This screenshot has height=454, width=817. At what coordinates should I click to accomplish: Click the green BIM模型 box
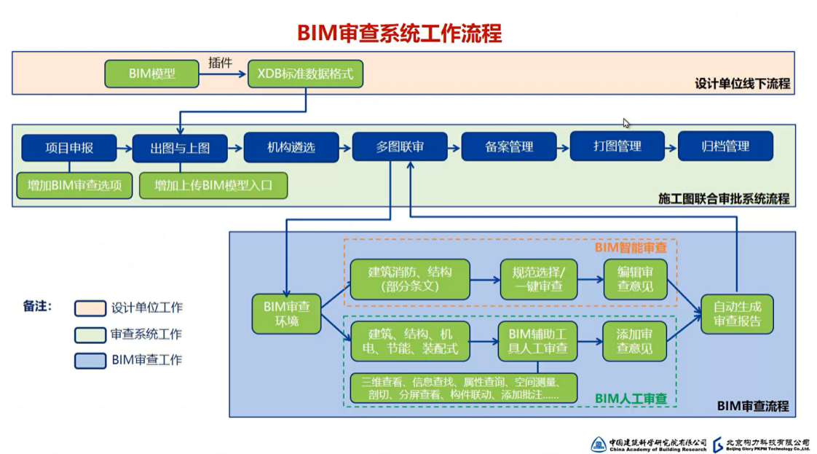pyautogui.click(x=151, y=74)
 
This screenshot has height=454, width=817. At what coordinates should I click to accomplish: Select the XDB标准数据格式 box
pyautogui.click(x=305, y=74)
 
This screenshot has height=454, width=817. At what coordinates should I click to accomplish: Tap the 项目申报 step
pyautogui.click(x=68, y=147)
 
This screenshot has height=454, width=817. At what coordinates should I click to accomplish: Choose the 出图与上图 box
pyautogui.click(x=179, y=147)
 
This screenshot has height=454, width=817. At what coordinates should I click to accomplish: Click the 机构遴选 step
pyautogui.click(x=290, y=147)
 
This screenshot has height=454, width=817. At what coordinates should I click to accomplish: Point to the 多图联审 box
pyautogui.click(x=400, y=147)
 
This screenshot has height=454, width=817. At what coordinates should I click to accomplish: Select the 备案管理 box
pyautogui.click(x=509, y=147)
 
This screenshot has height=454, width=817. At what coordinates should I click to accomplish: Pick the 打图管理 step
pyautogui.click(x=617, y=147)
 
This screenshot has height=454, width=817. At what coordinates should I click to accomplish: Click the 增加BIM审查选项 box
pyautogui.click(x=74, y=185)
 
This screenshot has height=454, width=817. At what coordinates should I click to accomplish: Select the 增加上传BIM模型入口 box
pyautogui.click(x=213, y=185)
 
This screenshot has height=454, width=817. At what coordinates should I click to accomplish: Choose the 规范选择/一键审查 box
pyautogui.click(x=539, y=278)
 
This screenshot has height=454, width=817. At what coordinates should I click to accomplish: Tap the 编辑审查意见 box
pyautogui.click(x=635, y=278)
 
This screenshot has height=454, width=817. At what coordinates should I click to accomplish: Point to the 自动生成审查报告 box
pyautogui.click(x=736, y=314)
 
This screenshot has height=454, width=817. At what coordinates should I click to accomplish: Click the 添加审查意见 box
pyautogui.click(x=635, y=341)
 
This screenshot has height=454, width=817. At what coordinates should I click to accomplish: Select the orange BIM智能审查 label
pyautogui.click(x=631, y=248)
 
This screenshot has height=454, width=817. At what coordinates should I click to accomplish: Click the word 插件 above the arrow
pyautogui.click(x=220, y=63)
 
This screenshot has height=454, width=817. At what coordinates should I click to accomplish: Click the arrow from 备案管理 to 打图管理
pyautogui.click(x=563, y=147)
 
